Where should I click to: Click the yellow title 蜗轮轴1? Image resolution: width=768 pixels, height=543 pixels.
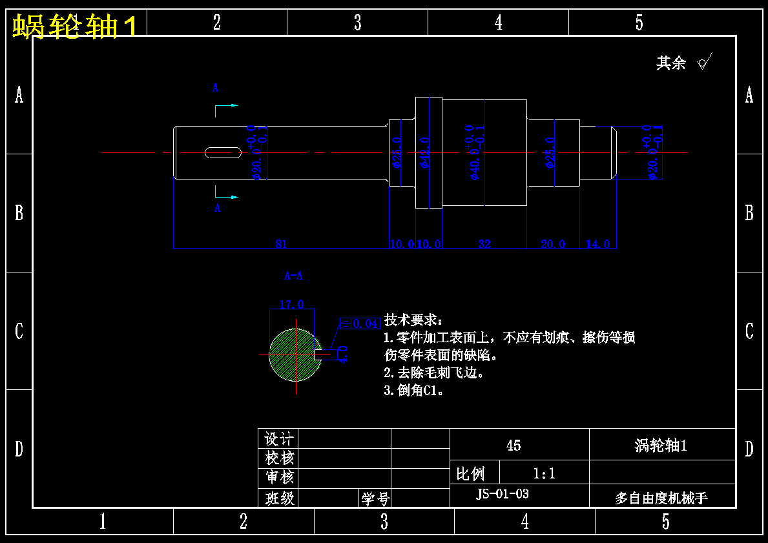click(x=75, y=27)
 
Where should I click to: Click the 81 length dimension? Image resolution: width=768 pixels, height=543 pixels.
click(x=281, y=243)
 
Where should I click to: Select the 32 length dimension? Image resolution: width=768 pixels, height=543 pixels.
click(x=484, y=243)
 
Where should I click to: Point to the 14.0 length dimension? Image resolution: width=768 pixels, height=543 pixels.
click(x=597, y=243)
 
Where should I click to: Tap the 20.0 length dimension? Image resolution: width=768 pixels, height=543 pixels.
click(x=553, y=243)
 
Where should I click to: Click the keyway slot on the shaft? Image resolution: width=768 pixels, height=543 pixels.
click(x=223, y=152)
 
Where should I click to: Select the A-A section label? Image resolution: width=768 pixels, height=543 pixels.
click(x=293, y=276)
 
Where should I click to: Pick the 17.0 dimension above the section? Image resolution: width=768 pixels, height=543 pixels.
click(x=291, y=304)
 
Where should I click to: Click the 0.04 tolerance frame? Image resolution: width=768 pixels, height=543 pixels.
click(x=360, y=323)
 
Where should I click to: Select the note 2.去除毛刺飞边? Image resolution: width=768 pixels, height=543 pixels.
click(x=433, y=373)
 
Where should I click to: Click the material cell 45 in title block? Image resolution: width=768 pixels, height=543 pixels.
click(x=514, y=446)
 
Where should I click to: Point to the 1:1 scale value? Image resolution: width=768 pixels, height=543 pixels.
click(x=544, y=474)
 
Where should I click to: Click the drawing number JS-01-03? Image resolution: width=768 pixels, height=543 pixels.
click(x=503, y=494)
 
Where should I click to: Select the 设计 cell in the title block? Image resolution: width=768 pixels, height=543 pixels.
click(x=279, y=439)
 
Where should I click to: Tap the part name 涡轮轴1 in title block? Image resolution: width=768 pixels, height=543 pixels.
click(x=661, y=446)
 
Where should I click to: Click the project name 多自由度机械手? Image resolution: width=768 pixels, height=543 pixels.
click(x=661, y=498)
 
